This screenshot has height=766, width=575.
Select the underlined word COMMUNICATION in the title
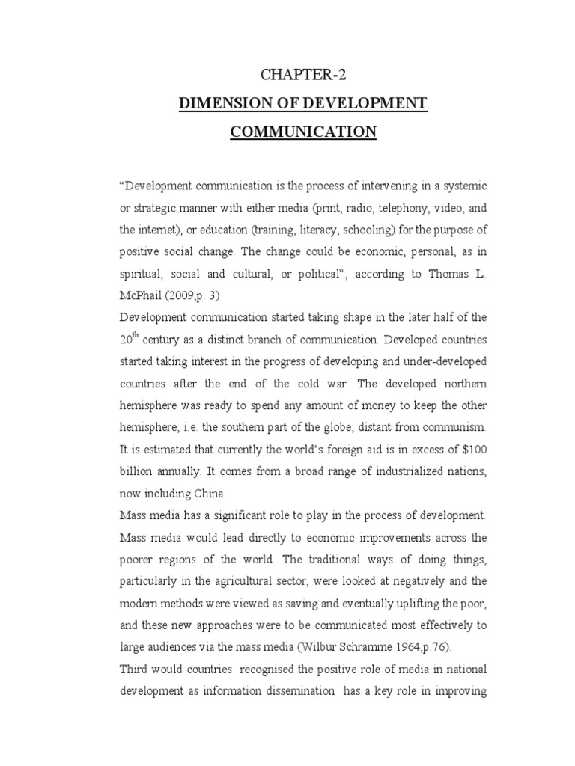303,132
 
